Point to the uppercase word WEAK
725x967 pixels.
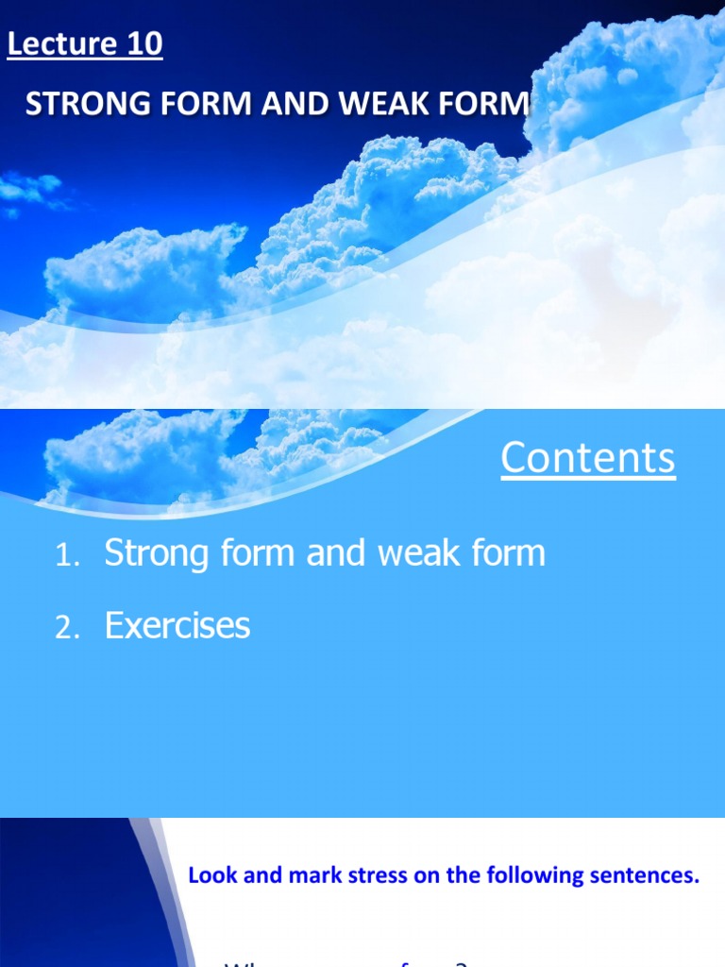click(384, 105)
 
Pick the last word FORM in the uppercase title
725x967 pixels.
click(486, 105)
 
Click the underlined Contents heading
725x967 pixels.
click(587, 458)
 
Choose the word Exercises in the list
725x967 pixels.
click(177, 625)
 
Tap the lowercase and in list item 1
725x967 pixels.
click(336, 553)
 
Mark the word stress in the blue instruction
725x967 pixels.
click(380, 875)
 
